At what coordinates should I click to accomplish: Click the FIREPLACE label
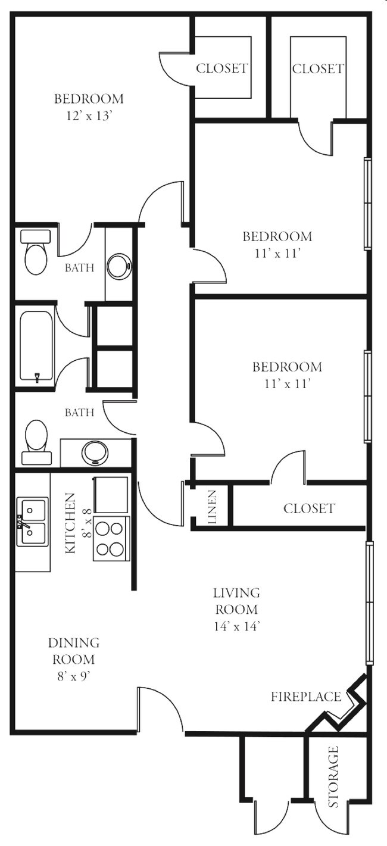306,696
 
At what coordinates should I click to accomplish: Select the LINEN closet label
213,507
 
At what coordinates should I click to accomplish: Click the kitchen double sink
33,522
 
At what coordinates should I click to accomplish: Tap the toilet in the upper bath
36,252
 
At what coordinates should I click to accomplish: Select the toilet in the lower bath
36,442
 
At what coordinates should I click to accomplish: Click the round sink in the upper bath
119,266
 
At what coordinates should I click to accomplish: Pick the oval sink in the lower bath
95,452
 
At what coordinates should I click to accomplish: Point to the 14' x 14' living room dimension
237,626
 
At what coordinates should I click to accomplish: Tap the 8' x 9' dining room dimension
74,676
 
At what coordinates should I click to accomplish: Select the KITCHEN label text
71,523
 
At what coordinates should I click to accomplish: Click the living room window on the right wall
369,602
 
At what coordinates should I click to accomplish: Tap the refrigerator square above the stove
111,495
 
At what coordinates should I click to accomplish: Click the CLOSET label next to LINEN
309,508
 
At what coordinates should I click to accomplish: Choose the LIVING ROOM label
237,601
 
